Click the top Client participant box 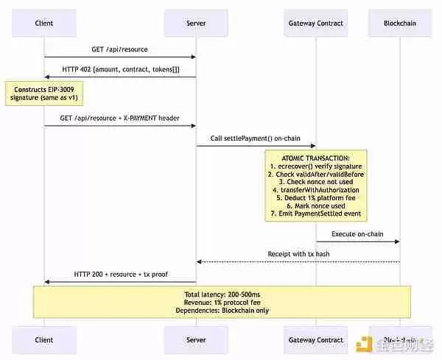(44, 23)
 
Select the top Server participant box (195, 23)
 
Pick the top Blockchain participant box (399, 23)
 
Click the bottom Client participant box (44, 339)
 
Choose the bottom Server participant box (195, 339)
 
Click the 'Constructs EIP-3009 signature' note (35, 94)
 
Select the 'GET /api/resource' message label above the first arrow (119, 49)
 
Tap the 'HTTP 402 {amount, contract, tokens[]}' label (119, 69)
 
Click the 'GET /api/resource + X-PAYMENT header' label (119, 118)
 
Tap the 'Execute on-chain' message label (357, 233)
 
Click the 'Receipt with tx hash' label (298, 254)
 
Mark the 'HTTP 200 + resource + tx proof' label (119, 274)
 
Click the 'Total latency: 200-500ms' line (221, 294)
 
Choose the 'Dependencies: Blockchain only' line (221, 310)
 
